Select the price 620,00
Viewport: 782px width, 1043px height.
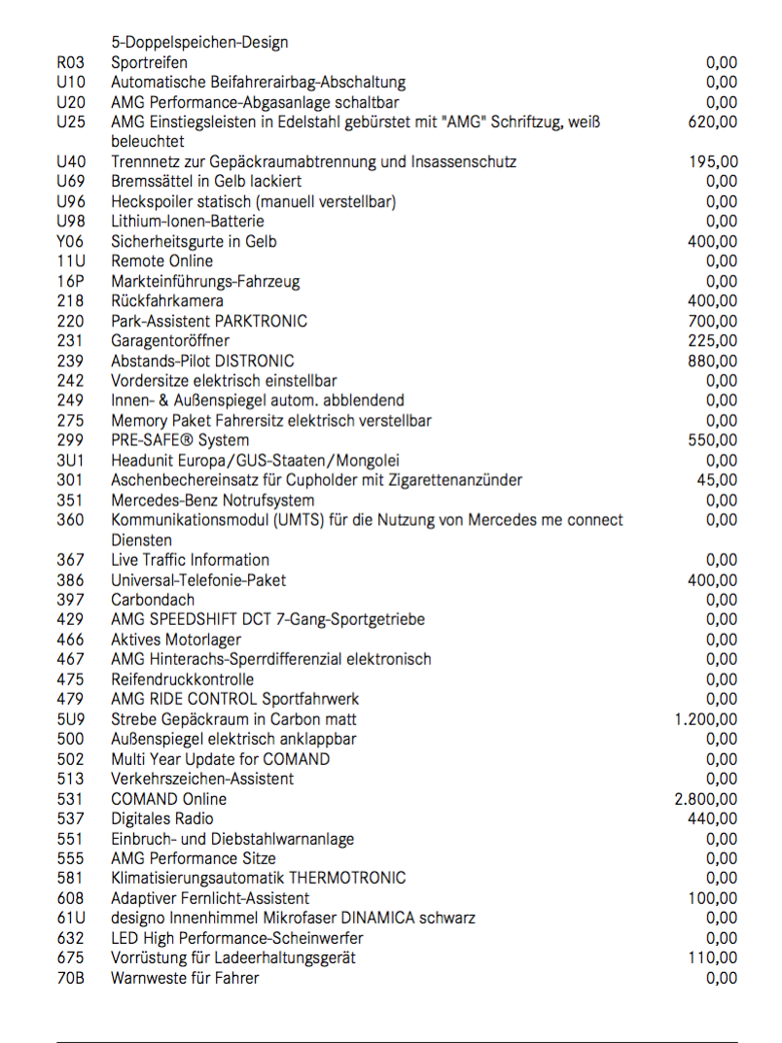click(712, 122)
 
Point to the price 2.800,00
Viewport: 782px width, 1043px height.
click(705, 799)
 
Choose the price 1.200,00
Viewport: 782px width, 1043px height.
click(705, 719)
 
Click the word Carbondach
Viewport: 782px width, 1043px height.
click(153, 600)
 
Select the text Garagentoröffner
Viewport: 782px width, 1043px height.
click(170, 341)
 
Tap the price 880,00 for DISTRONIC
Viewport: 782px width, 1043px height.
click(712, 361)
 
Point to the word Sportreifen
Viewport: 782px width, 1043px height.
click(150, 63)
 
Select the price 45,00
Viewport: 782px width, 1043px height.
click(717, 480)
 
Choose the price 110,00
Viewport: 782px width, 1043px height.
click(712, 957)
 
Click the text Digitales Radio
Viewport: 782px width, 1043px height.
click(162, 818)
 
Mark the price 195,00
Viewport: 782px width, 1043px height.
click(712, 162)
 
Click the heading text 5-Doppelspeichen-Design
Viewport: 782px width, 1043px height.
click(199, 43)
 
